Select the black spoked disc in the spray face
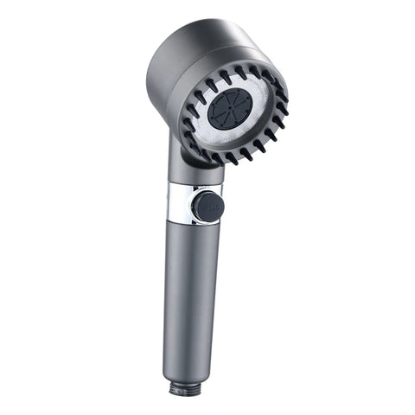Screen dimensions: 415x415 click(230, 109)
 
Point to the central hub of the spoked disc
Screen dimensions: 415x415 click(230, 109)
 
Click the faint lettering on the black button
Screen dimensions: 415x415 click(207, 206)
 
